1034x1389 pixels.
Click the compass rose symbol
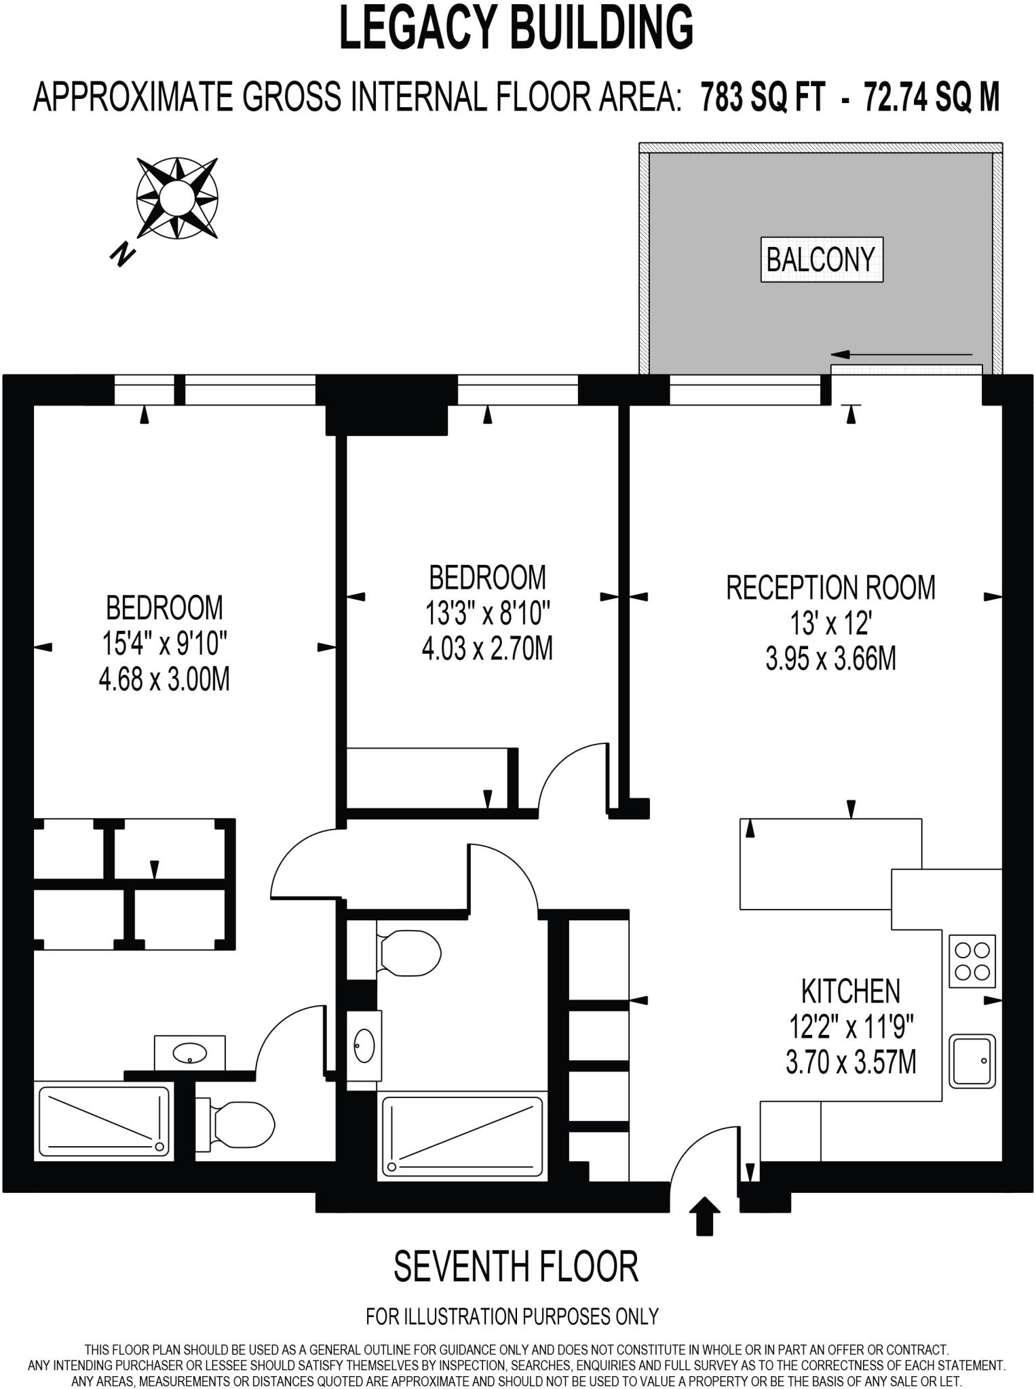click(x=177, y=198)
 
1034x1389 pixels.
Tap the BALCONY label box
click(x=821, y=259)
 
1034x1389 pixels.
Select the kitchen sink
click(x=972, y=1060)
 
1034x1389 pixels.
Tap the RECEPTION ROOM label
click(x=830, y=587)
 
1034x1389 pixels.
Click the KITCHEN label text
click(x=851, y=992)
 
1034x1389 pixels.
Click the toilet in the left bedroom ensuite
click(x=237, y=1124)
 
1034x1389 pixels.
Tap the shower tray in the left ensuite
click(x=104, y=1120)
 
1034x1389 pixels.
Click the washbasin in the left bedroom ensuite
click(x=190, y=1053)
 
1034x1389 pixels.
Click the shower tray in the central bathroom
click(x=463, y=1136)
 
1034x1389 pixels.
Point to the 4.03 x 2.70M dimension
click(x=487, y=648)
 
